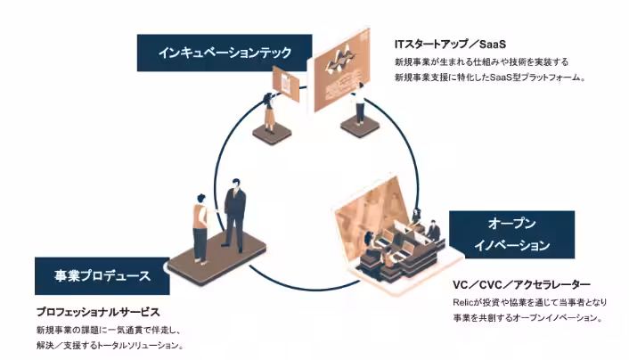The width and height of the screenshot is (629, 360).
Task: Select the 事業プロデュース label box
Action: pos(93,276)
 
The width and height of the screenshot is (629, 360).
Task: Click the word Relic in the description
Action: pos(464,302)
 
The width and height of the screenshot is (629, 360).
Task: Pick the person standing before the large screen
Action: pos(360,104)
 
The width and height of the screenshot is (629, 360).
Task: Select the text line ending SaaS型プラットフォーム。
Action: pos(489,78)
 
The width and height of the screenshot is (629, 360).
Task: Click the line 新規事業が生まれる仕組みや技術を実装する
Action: pos(481,61)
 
